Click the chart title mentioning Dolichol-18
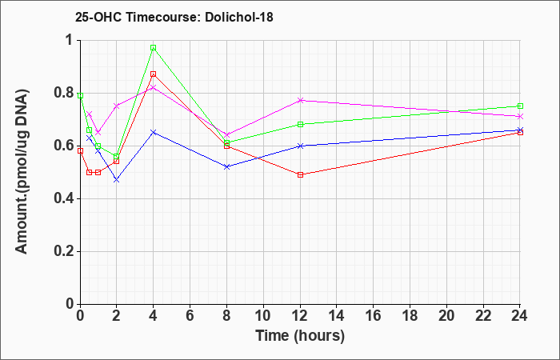tap(174, 17)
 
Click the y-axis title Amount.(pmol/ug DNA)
tap(22, 172)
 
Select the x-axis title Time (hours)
tap(300, 336)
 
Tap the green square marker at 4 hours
tap(154, 47)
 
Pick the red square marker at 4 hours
tap(154, 74)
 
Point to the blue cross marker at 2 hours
tap(117, 180)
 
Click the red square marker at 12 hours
tap(300, 174)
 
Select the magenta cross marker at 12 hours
tap(300, 100)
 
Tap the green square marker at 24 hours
tap(520, 106)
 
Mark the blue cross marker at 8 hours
tap(226, 166)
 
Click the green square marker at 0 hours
tap(80, 96)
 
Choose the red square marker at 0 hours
tap(80, 150)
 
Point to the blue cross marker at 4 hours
tap(154, 133)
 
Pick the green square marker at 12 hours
tap(300, 124)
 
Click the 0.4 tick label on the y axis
tap(65, 198)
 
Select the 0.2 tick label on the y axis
tap(65, 251)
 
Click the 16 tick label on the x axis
tap(374, 316)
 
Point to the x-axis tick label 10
tap(263, 316)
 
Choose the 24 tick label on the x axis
tap(519, 316)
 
